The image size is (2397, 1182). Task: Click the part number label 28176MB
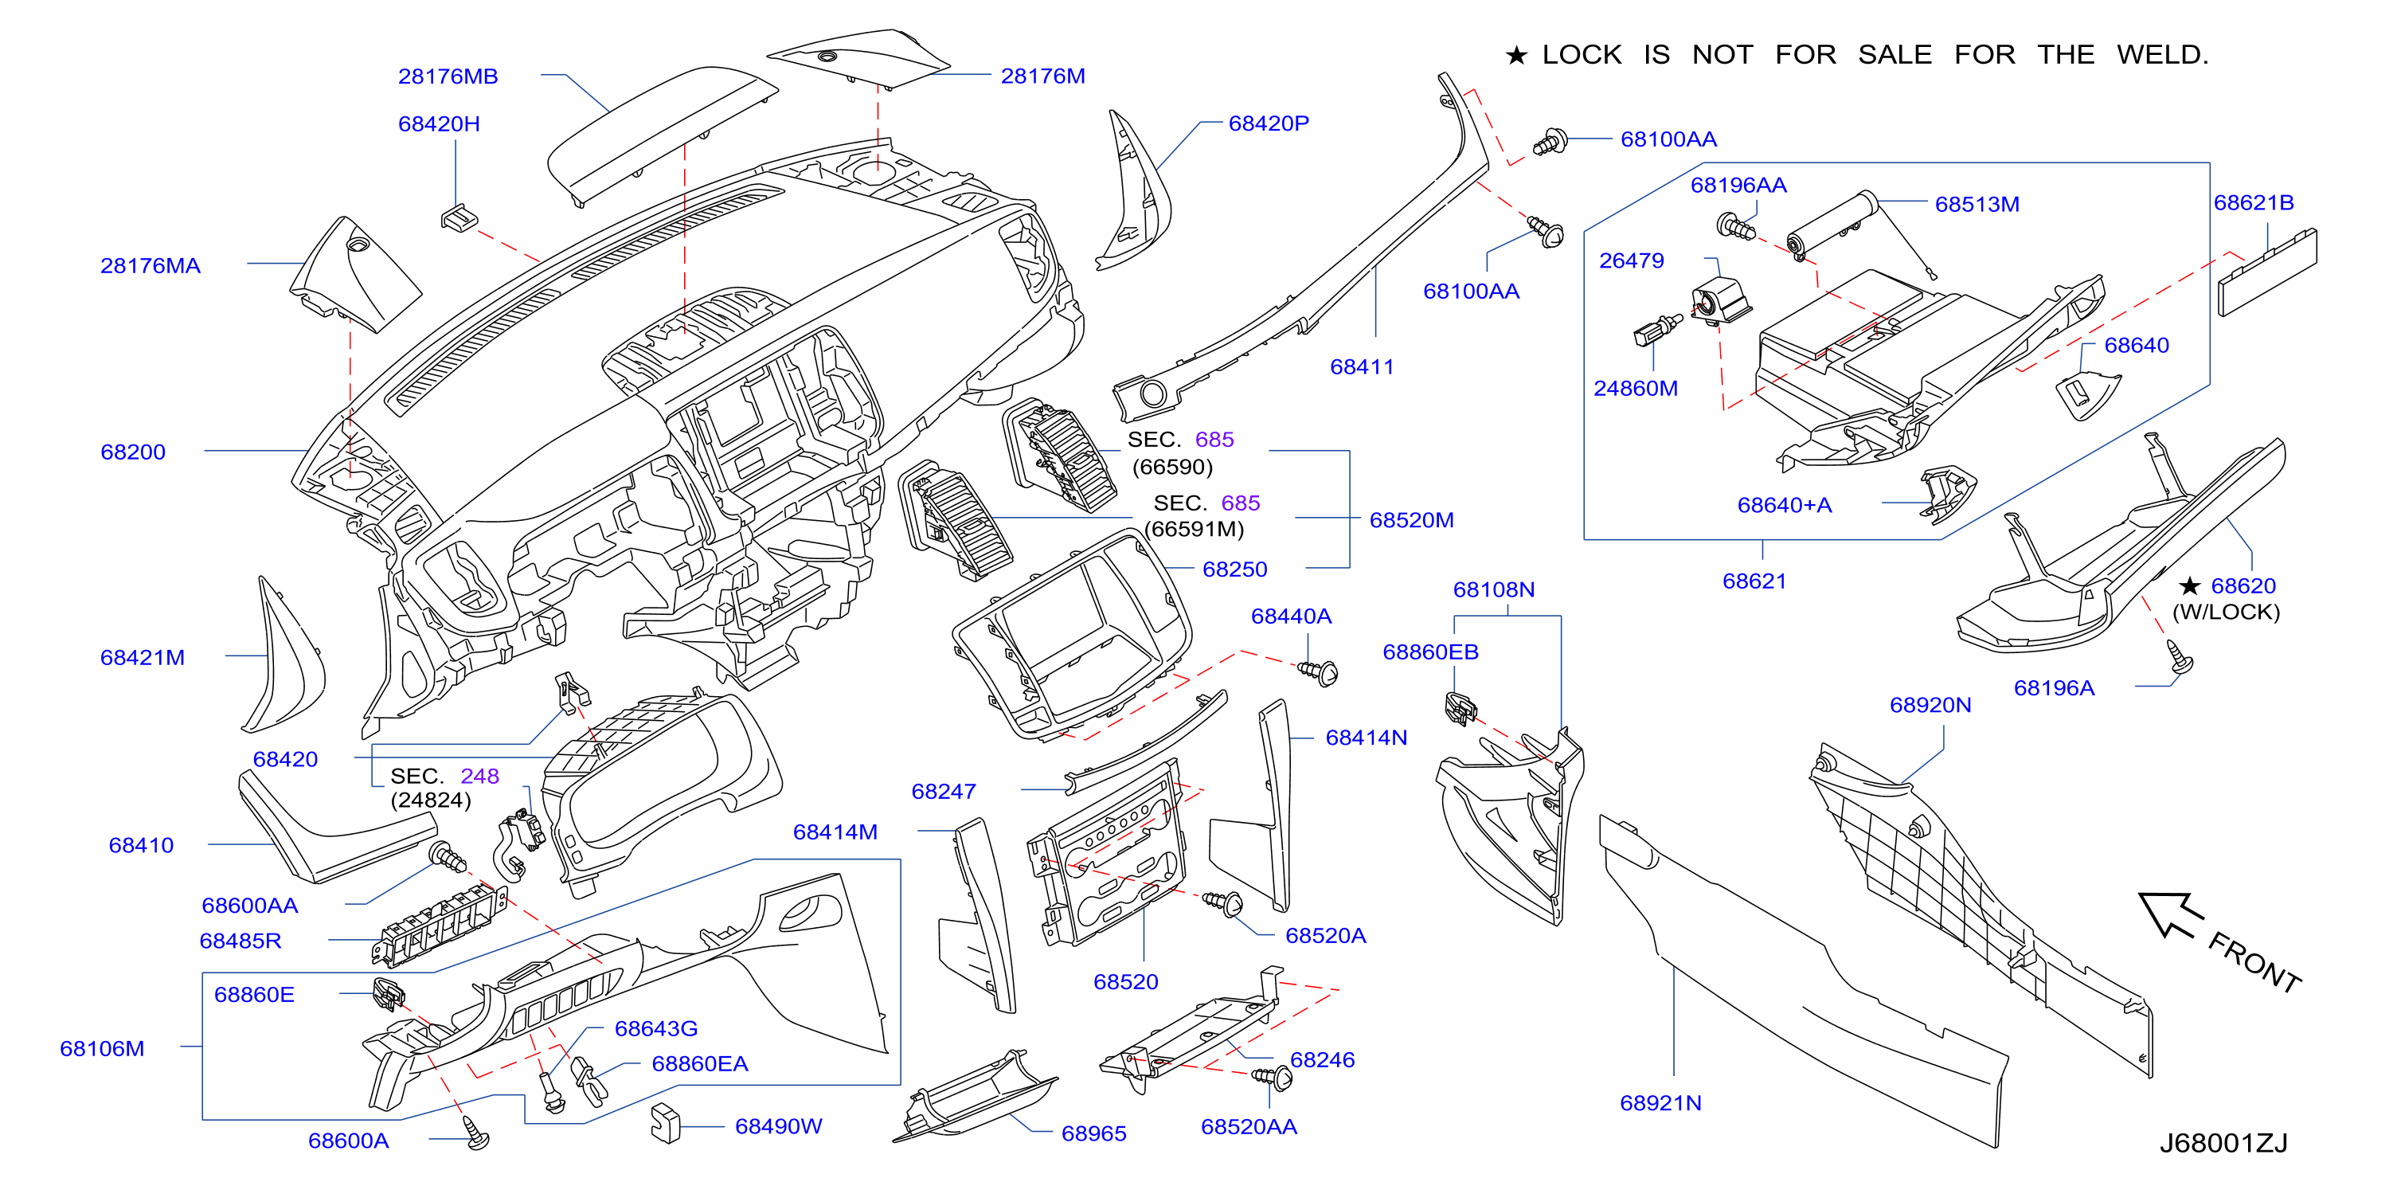(x=448, y=76)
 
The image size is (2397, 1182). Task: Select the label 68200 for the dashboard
(x=133, y=452)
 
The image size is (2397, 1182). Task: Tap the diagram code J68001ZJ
(x=2222, y=1143)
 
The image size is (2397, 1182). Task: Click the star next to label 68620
(x=2189, y=585)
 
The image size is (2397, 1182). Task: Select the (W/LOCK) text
(x=2226, y=613)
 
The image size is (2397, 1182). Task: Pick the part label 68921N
(x=1660, y=1103)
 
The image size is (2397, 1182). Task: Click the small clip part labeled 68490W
(x=665, y=1123)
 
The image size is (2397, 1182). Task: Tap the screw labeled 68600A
(x=476, y=1133)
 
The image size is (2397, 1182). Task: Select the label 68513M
(x=1977, y=205)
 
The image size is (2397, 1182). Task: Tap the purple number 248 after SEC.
(x=479, y=777)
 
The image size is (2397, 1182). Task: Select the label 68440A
(x=1291, y=616)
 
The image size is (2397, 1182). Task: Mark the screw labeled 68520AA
(x=1273, y=1077)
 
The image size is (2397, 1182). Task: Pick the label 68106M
(x=103, y=1049)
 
